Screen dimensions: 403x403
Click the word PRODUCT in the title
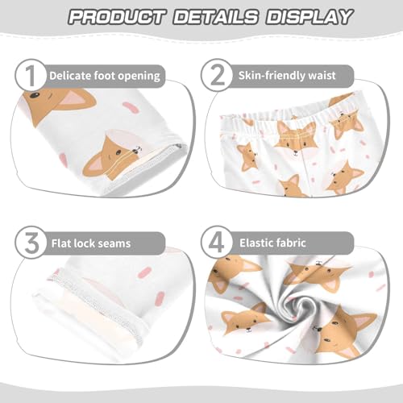(x=118, y=17)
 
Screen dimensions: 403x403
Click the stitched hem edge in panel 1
(x=161, y=161)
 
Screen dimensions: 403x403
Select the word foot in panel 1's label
(x=110, y=77)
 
